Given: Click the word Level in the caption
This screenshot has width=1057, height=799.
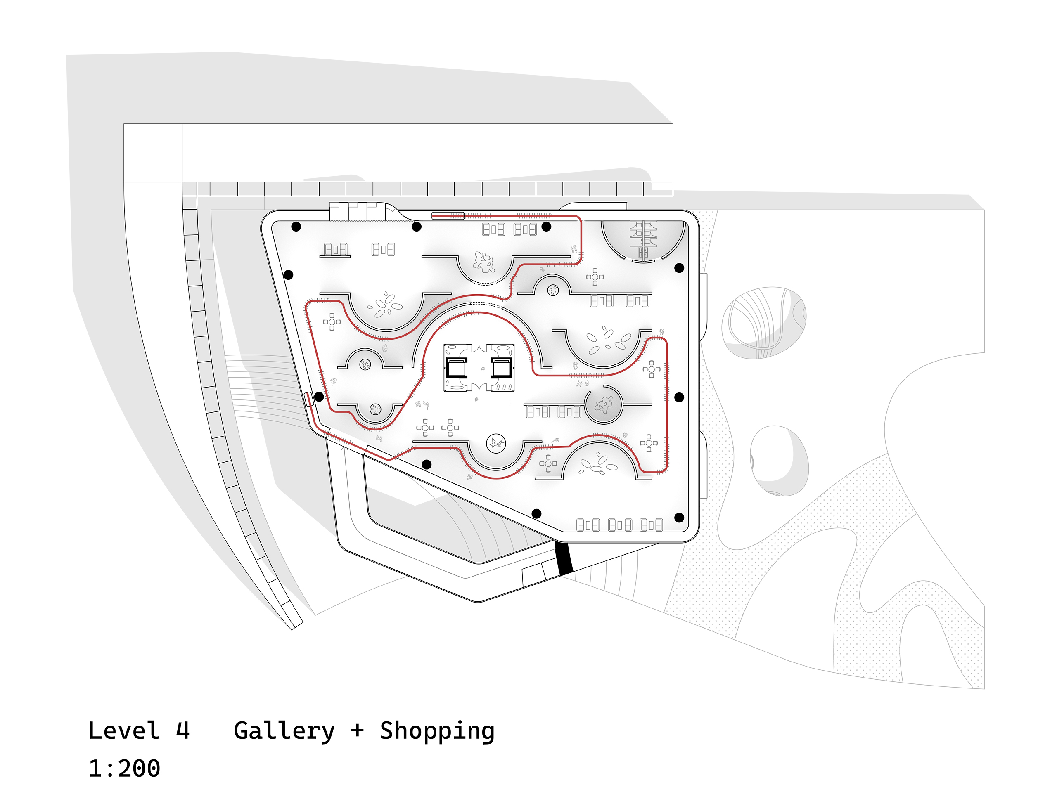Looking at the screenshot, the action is tap(124, 731).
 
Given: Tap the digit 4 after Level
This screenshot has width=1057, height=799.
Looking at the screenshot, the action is tap(182, 731).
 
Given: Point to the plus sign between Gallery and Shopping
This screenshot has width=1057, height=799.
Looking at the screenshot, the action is tap(357, 731).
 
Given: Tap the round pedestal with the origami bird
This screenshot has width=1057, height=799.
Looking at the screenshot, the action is tap(496, 443).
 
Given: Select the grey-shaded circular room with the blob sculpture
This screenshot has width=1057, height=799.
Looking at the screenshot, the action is tap(603, 405).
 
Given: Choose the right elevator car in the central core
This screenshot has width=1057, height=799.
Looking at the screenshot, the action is tap(502, 368).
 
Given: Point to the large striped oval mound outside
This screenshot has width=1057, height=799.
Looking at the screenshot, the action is tap(763, 322).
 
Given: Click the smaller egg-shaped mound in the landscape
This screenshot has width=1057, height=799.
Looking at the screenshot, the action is tap(778, 461).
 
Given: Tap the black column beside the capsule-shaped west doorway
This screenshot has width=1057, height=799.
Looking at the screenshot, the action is tap(319, 396).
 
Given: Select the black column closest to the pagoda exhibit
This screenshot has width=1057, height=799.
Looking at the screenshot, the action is tap(679, 268).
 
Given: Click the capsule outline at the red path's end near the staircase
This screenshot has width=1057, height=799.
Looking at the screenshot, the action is tap(448, 216).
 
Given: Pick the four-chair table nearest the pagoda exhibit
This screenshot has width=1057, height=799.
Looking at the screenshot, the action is tap(595, 277).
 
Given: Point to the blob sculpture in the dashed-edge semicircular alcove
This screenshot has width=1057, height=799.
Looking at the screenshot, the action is tap(483, 262).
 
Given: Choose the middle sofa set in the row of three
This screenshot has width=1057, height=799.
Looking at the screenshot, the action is tap(620, 525).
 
